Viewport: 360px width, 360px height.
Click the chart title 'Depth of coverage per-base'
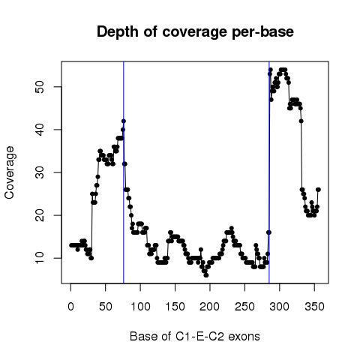[x=195, y=32]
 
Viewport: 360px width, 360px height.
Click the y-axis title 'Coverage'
[x=10, y=172]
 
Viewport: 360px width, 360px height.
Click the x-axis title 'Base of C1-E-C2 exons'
[x=195, y=336]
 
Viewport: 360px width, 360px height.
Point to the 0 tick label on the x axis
[x=70, y=307]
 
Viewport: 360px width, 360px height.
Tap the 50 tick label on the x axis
[x=106, y=307]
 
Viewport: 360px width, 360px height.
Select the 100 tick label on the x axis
[x=140, y=307]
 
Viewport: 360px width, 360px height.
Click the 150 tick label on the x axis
[x=175, y=307]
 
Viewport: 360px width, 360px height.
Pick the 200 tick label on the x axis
[x=210, y=307]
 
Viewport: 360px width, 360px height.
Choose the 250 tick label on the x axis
[x=244, y=307]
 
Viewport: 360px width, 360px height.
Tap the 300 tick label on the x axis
[x=280, y=307]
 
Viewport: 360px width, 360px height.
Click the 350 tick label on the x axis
[x=314, y=307]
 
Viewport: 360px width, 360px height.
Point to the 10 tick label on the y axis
[x=40, y=258]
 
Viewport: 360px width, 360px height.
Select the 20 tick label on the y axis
[x=40, y=215]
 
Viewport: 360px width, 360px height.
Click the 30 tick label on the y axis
[x=40, y=172]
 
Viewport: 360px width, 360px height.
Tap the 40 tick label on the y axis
[x=40, y=130]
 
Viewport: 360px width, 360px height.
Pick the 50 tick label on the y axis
[x=40, y=87]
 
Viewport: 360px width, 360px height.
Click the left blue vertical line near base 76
[x=124, y=172]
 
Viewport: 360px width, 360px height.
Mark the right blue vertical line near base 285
[x=269, y=172]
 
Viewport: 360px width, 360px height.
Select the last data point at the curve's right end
[x=318, y=190]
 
